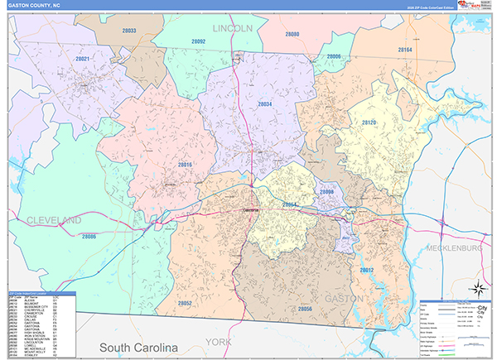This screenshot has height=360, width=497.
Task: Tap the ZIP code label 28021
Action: (83, 60)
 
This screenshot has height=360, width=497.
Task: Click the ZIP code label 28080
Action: (292, 35)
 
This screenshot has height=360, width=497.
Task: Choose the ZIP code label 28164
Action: (405, 50)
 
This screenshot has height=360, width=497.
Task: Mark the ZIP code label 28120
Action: (369, 122)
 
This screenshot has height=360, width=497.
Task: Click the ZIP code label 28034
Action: (264, 104)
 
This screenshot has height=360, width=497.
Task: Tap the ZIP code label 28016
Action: (184, 166)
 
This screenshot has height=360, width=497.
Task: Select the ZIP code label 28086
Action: (89, 237)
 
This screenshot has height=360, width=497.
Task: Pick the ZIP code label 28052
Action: (185, 304)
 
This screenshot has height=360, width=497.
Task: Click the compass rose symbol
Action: (477, 288)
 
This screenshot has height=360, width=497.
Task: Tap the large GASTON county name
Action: (343, 297)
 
